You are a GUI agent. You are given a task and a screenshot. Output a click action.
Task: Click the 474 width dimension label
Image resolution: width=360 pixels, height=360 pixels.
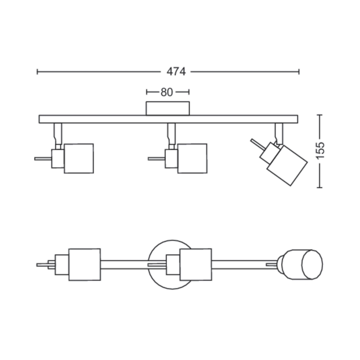(x=176, y=72)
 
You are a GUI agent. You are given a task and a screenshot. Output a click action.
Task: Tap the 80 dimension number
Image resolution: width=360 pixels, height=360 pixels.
(x=167, y=92)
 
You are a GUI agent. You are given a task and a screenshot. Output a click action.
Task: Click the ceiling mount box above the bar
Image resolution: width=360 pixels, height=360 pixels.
(x=168, y=108)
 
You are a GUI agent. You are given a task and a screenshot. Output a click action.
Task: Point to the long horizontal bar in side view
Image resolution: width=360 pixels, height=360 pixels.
(x=168, y=119)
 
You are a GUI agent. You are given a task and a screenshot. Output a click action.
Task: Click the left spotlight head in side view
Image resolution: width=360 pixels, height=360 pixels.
(x=79, y=158)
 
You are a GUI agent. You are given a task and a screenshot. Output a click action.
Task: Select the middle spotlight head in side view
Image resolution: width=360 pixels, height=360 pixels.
(x=192, y=158)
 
